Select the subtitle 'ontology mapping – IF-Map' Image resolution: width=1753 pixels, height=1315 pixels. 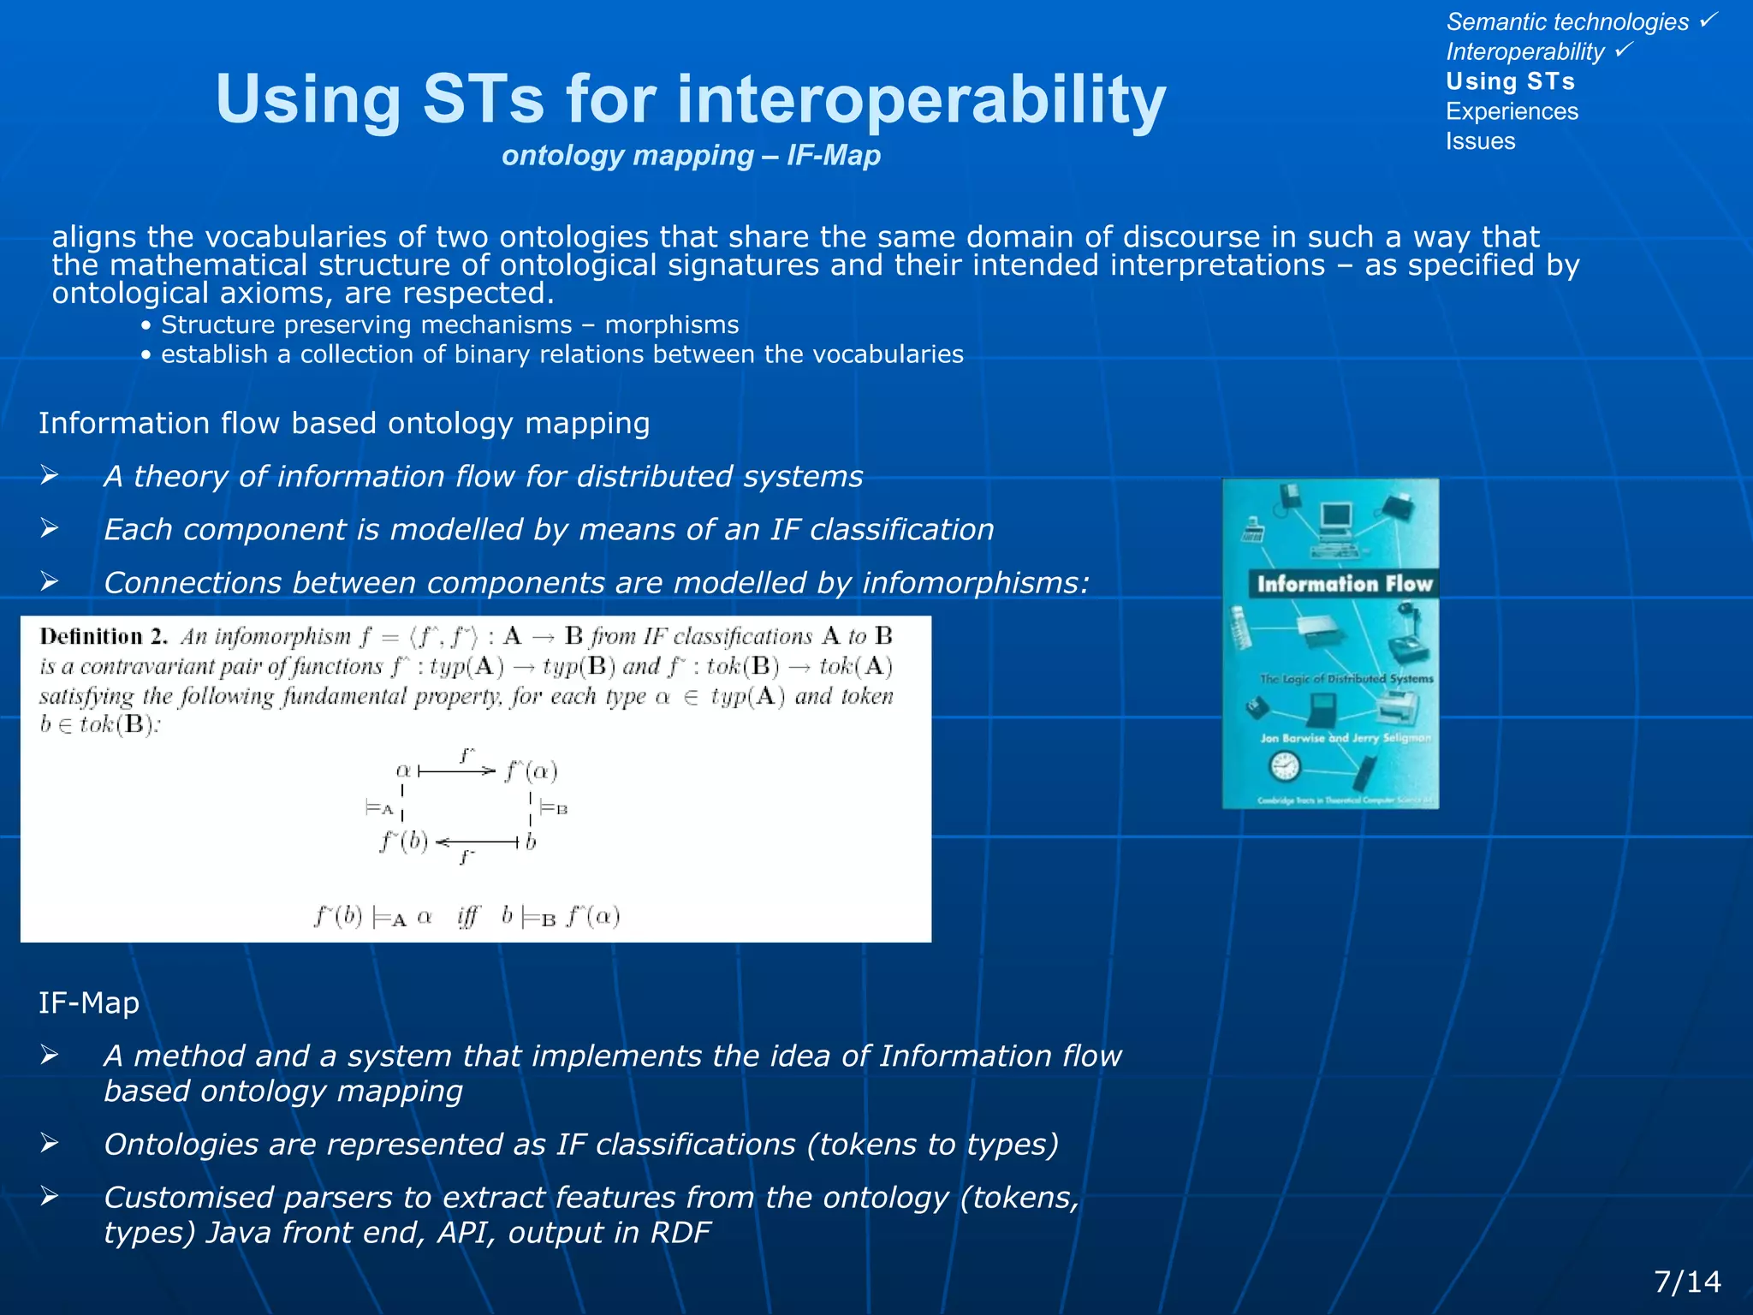tap(691, 156)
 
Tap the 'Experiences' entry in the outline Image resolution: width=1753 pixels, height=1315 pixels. tap(1512, 111)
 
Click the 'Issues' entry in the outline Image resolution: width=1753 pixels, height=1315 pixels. tap(1480, 141)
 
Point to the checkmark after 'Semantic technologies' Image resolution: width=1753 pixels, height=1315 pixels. tap(1708, 19)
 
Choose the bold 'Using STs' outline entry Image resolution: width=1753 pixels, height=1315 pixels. tap(1510, 81)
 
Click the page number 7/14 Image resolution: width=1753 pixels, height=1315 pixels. tap(1687, 1282)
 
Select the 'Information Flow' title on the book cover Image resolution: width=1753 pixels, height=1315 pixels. tap(1344, 584)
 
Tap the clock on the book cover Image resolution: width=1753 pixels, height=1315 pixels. tap(1285, 765)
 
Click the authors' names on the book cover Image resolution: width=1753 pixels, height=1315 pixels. tap(1345, 738)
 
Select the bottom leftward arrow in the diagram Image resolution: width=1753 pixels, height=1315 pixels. tap(477, 842)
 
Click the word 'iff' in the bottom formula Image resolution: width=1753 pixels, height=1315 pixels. tap(468, 917)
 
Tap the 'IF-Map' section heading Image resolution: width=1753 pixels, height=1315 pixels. tap(88, 1003)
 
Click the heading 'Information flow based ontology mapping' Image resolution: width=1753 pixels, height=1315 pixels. tap(344, 423)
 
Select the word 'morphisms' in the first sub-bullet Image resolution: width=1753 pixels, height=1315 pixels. tap(672, 325)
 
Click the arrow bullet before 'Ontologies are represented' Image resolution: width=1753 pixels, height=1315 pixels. tap(50, 1143)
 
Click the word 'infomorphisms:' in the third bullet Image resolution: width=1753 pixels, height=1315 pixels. tap(976, 583)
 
